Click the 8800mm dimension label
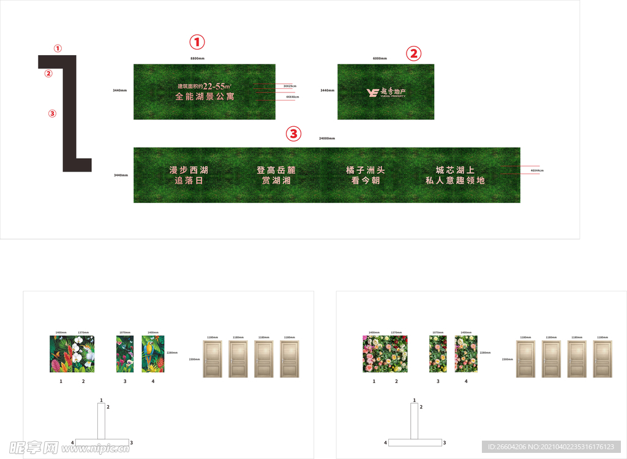click(x=197, y=58)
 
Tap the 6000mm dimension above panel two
click(x=380, y=58)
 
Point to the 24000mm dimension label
click(x=326, y=138)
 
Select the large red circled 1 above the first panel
click(x=197, y=42)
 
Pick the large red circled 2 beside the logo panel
click(x=414, y=53)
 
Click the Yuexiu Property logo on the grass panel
click(x=386, y=93)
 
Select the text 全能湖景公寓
click(x=205, y=97)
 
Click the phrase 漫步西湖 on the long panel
click(x=189, y=170)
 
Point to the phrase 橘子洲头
click(x=365, y=170)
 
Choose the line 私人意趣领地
click(x=455, y=181)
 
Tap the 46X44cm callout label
click(x=537, y=170)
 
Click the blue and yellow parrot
click(x=149, y=354)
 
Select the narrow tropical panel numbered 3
click(x=125, y=354)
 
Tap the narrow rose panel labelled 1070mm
click(x=438, y=354)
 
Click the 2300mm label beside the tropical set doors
click(x=194, y=359)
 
